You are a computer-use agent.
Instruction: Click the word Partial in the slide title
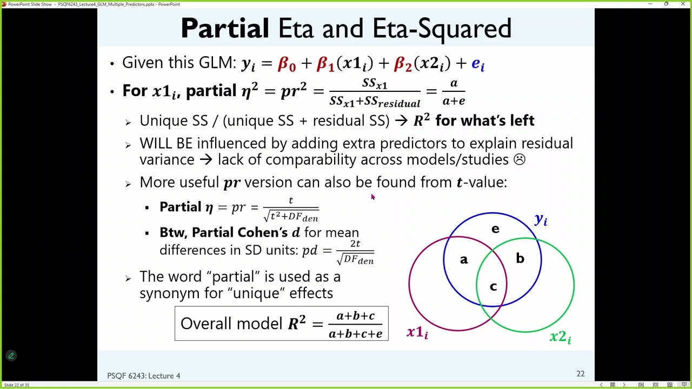coord(224,29)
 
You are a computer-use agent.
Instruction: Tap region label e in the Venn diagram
coord(495,229)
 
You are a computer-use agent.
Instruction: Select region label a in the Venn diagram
coord(464,260)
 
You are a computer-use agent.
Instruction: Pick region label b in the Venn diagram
coord(520,259)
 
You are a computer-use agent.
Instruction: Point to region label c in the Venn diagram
coord(493,287)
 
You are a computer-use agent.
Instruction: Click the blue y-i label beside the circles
coord(541,219)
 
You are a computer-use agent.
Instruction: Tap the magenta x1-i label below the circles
coord(417,333)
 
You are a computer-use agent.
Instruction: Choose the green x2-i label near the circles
coord(560,337)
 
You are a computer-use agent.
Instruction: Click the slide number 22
coord(580,374)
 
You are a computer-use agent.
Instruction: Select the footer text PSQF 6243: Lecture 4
coord(144,375)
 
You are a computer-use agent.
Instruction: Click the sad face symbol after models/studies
coord(519,159)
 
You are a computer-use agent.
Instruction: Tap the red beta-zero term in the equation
coord(287,64)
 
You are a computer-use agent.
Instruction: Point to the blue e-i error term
coord(478,64)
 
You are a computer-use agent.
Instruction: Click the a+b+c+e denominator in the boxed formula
coord(355,334)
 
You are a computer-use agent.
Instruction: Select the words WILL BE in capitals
coord(166,143)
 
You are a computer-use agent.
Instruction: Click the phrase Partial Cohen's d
coord(229,232)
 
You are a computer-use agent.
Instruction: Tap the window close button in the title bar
coord(683,4)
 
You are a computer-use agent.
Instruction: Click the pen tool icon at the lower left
coord(11,356)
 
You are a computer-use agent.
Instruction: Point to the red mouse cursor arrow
coord(372,197)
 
